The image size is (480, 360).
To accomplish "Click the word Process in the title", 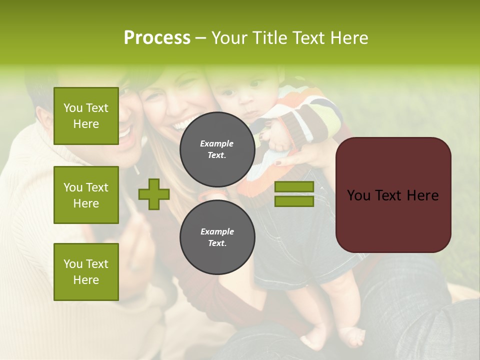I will [x=157, y=38].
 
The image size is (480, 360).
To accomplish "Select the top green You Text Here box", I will [x=86, y=116].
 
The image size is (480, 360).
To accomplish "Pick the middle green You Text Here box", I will [x=86, y=195].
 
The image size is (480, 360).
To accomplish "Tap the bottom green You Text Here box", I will [x=86, y=271].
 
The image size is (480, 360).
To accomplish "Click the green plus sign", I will [x=154, y=194].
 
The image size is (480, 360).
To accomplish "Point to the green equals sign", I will [x=294, y=194].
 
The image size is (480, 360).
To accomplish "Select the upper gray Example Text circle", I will [x=217, y=149].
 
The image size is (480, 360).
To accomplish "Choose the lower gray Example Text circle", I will [x=217, y=237].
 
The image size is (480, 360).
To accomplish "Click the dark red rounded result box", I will [x=393, y=195].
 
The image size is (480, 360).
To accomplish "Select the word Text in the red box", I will [x=393, y=195].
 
